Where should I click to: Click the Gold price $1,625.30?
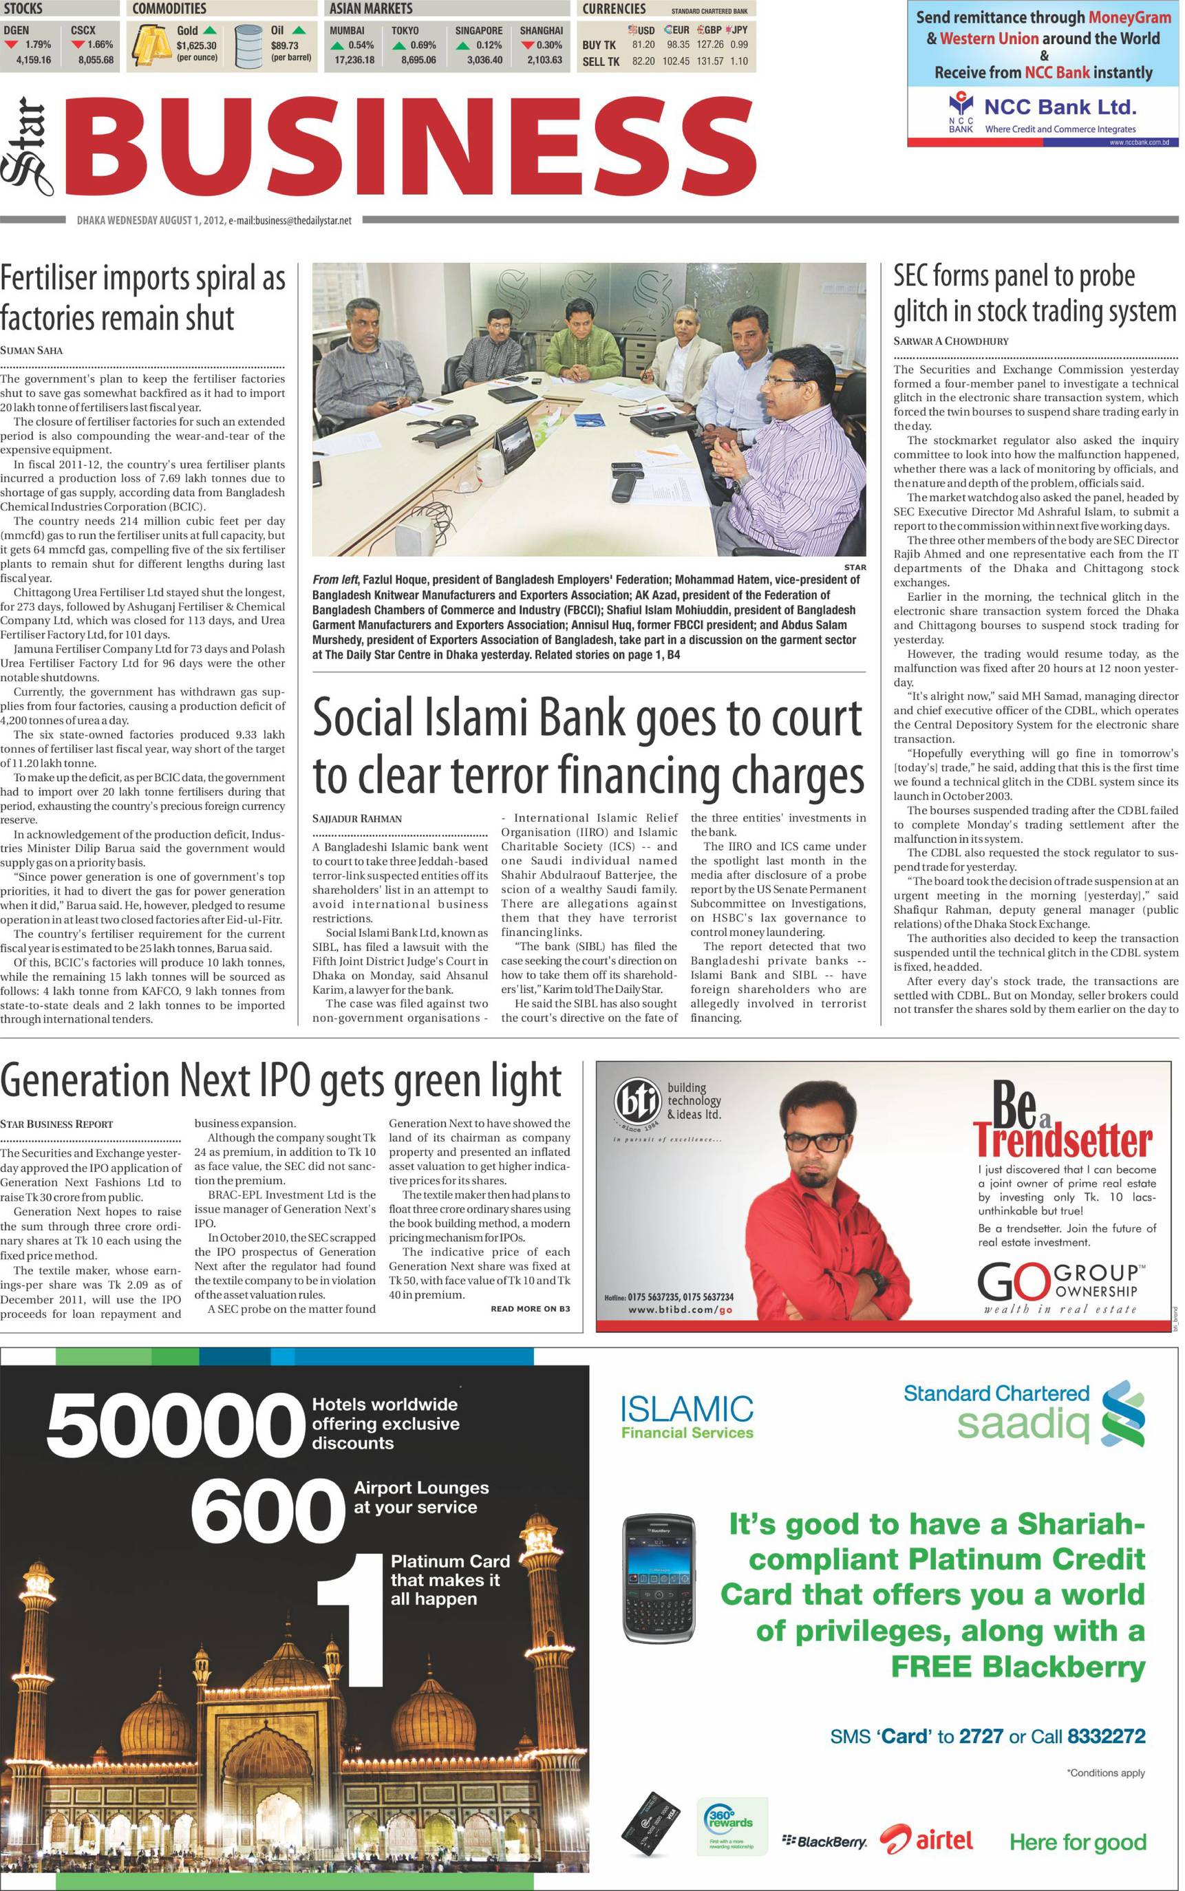pos(196,45)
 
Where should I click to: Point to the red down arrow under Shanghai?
pos(527,45)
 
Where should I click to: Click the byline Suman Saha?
pos(32,350)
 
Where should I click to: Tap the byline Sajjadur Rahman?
pos(356,818)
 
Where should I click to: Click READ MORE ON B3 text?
pos(531,1309)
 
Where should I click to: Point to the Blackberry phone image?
pos(659,1590)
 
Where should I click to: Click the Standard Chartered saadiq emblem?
pos(1122,1415)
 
